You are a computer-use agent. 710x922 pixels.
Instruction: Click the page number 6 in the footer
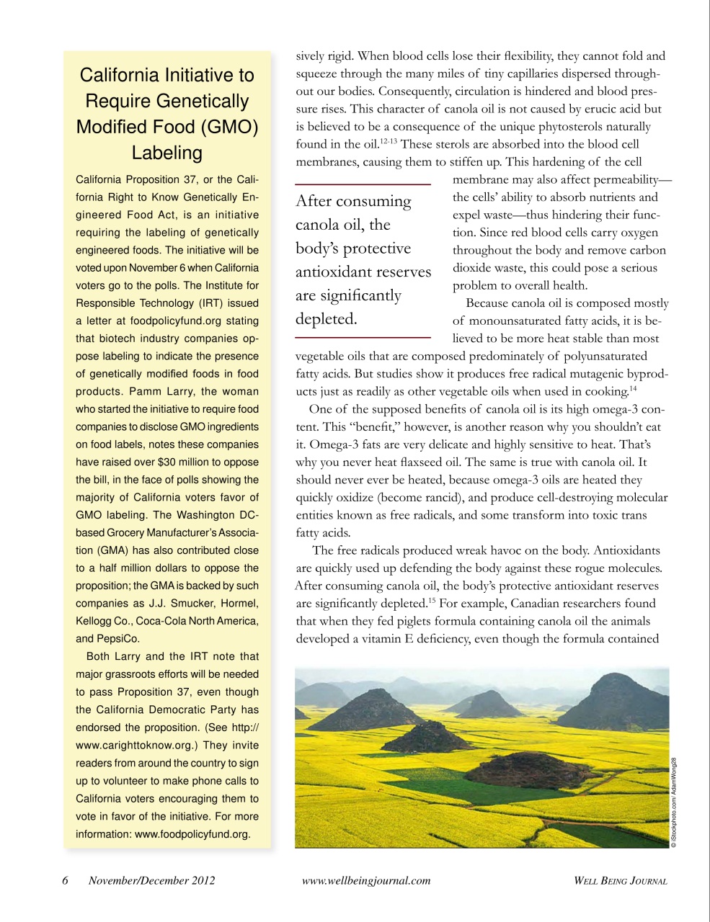point(65,880)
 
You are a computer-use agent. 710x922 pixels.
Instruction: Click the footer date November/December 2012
point(151,880)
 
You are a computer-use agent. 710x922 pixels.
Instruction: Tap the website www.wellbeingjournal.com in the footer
point(366,880)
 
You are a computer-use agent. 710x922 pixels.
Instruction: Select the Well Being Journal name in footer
point(620,880)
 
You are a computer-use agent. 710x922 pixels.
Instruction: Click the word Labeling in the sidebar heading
point(167,153)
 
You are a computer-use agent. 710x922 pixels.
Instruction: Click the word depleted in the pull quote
point(326,318)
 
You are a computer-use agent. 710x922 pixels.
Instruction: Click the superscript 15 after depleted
point(429,599)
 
